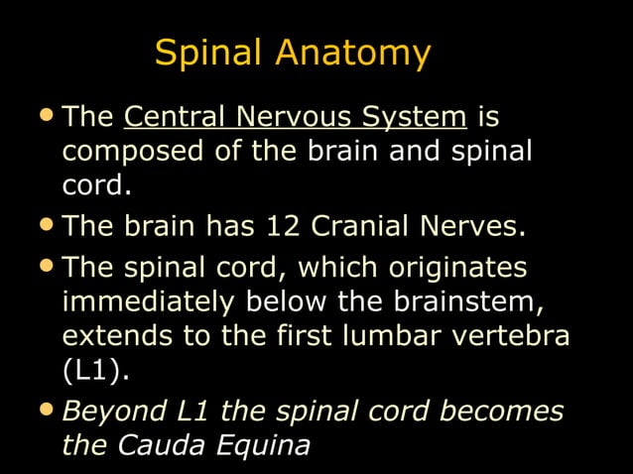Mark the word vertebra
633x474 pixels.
tap(521, 335)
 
